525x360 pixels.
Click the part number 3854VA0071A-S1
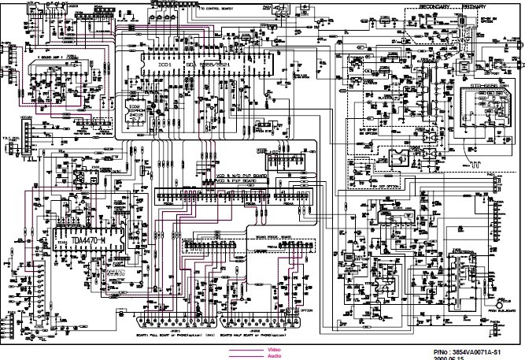point(480,349)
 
